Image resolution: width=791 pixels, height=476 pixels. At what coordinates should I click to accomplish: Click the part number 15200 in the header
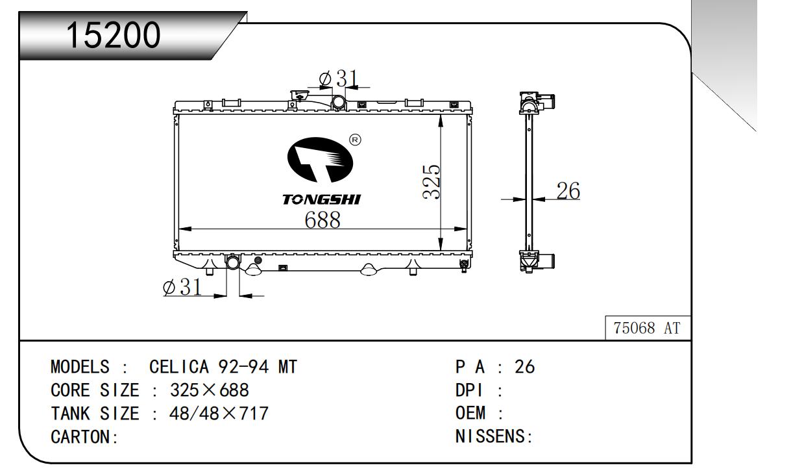pyautogui.click(x=114, y=34)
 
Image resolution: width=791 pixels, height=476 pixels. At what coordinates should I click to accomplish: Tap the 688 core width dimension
pyautogui.click(x=322, y=219)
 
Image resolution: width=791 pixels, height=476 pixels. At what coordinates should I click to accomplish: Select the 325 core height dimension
pyautogui.click(x=432, y=182)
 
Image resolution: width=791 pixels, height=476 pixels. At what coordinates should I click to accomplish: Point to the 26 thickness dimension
pyautogui.click(x=568, y=190)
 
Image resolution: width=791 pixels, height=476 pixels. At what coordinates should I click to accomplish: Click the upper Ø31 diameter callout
pyautogui.click(x=338, y=79)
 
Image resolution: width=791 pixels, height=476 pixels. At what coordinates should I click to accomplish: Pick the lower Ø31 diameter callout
pyautogui.click(x=182, y=286)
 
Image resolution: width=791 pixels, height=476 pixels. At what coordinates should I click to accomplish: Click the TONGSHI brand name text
pyautogui.click(x=321, y=199)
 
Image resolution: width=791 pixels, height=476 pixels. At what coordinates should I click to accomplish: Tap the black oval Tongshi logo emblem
pyautogui.click(x=320, y=160)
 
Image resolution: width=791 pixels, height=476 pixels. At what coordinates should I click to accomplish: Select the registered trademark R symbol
pyautogui.click(x=355, y=140)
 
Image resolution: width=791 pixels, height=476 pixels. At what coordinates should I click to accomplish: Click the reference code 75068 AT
pyautogui.click(x=646, y=329)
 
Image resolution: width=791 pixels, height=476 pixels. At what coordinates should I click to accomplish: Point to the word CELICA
pyautogui.click(x=179, y=367)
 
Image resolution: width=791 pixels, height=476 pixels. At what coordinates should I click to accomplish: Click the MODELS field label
pyautogui.click(x=80, y=367)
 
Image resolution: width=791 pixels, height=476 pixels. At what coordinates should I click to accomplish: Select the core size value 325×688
pyautogui.click(x=210, y=390)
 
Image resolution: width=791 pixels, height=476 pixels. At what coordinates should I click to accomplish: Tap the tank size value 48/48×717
pyautogui.click(x=219, y=414)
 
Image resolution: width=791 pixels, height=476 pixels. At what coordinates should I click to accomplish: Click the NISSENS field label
pyautogui.click(x=490, y=436)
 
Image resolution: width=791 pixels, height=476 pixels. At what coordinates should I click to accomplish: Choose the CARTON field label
pyautogui.click(x=81, y=437)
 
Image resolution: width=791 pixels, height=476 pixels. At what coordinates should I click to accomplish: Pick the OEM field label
pyautogui.click(x=470, y=413)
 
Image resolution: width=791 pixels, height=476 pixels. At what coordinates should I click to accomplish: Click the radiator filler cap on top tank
pyautogui.click(x=299, y=95)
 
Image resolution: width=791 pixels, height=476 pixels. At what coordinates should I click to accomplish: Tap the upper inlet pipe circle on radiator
pyautogui.click(x=339, y=102)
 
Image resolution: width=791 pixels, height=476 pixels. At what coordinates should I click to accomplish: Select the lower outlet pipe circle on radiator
pyautogui.click(x=233, y=262)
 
